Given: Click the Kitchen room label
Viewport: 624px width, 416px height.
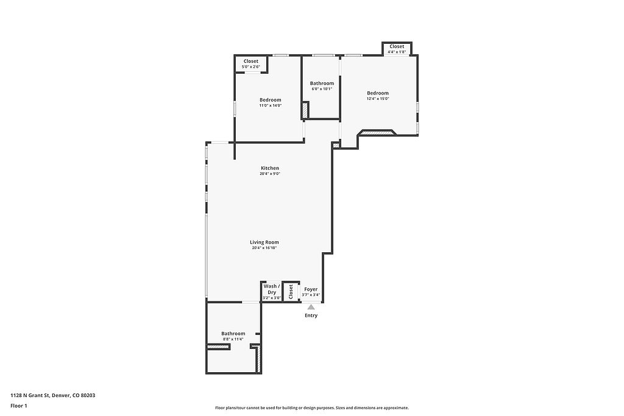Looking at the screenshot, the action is coord(270,168).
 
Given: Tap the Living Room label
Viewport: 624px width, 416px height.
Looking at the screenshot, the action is coord(264,242).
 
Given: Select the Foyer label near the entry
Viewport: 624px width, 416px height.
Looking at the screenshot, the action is coord(311,289).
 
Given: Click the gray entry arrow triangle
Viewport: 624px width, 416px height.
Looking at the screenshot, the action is coord(311,306).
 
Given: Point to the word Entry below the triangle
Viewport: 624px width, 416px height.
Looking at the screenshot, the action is coord(311,316).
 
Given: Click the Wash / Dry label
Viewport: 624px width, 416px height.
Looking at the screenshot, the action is coord(272,289).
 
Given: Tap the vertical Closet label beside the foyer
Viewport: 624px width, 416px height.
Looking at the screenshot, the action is coord(291,292).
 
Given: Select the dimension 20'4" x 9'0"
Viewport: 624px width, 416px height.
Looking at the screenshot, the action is coord(270,174).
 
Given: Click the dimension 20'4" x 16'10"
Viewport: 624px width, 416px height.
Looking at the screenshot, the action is coord(264,248).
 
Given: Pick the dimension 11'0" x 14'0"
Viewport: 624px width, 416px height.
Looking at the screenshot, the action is coord(271,105).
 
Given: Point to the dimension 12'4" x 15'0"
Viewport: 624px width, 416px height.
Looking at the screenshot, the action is coord(378,99).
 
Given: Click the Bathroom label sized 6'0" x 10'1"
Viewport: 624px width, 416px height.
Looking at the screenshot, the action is coord(322,83).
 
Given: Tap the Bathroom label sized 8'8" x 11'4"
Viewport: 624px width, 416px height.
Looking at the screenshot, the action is coord(233,334).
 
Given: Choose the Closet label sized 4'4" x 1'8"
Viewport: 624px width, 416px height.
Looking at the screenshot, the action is coord(397,46).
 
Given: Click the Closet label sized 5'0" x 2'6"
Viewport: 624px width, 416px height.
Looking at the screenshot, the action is coord(250,62).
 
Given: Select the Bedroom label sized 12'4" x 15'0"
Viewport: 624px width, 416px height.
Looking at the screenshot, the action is coord(378,93).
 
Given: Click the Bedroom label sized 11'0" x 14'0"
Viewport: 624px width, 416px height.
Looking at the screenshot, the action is coord(271,100).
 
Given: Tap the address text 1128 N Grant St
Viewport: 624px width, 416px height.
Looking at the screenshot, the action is coord(30,395).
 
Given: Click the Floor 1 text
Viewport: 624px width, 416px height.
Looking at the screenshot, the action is coord(19,406).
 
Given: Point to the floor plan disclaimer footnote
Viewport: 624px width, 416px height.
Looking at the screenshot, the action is coord(312,407).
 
